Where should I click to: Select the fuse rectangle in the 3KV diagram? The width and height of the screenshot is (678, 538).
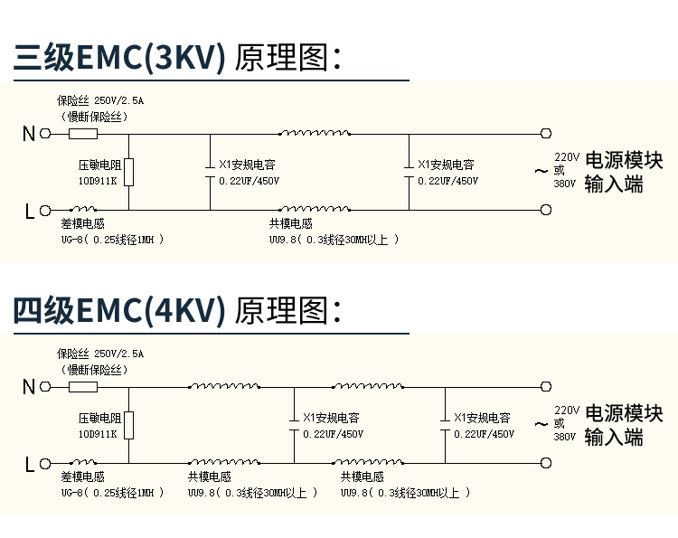[83, 134]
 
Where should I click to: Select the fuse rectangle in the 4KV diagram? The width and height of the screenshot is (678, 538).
[83, 387]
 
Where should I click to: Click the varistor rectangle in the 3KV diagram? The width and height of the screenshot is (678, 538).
[129, 172]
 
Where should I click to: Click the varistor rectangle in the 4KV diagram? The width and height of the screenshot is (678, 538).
[129, 425]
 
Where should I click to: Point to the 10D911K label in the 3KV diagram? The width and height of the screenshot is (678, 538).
[97, 181]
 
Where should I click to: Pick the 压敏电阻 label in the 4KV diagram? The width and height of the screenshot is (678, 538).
[99, 419]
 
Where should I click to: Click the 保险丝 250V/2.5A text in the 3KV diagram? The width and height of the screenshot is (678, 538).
[99, 100]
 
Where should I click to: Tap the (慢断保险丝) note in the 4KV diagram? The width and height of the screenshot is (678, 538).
[94, 369]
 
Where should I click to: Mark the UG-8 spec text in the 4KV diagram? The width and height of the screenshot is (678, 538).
[112, 493]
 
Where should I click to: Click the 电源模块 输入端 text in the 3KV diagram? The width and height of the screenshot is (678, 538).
[624, 171]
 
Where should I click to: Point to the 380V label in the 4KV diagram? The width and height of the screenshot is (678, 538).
[564, 436]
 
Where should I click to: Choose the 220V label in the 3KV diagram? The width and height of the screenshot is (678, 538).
[567, 156]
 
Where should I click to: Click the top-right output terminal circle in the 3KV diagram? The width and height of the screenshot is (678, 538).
[545, 134]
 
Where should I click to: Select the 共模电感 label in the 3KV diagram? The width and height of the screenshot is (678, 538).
[290, 223]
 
